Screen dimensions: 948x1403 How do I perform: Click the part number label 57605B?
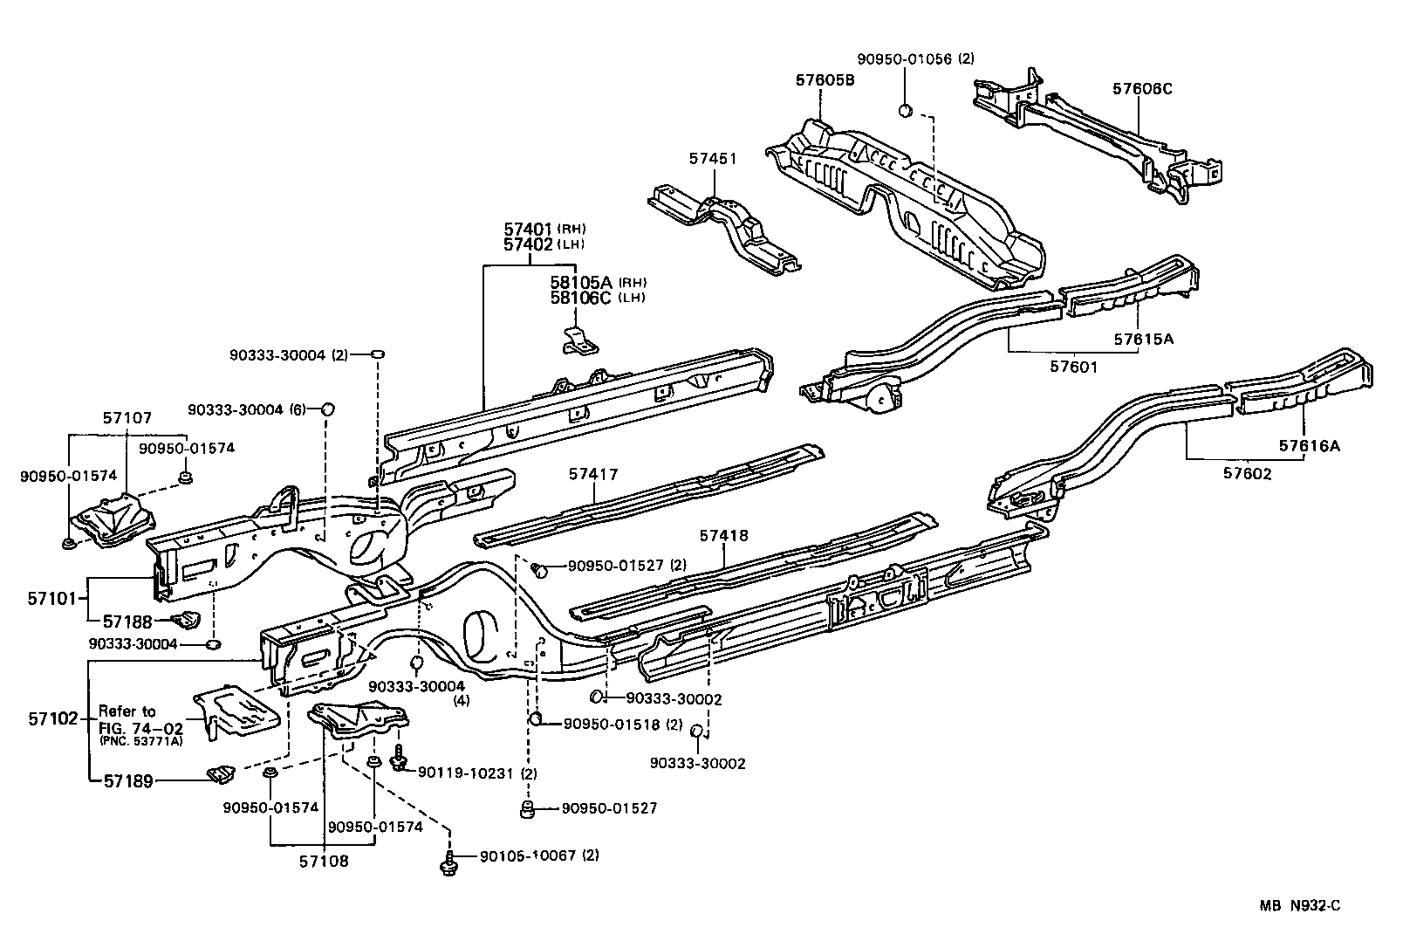point(825,80)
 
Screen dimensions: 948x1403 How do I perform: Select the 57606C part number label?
point(1142,88)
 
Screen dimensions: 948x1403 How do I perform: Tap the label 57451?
point(713,159)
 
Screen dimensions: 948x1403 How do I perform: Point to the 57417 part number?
point(593,474)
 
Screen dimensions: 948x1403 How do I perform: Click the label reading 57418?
point(723,535)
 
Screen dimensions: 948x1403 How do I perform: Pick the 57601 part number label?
point(1073,367)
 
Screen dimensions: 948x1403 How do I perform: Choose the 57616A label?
point(1310,446)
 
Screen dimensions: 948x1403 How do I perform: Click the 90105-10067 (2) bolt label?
point(539,855)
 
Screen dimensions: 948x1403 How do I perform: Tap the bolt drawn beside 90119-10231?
point(400,761)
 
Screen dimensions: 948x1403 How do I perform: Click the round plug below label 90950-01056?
point(907,110)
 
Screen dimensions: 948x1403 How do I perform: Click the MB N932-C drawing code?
point(1299,906)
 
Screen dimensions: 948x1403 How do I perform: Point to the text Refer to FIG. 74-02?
point(140,718)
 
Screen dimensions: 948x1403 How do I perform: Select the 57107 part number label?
point(127,419)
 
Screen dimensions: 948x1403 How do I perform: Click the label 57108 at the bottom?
point(324,861)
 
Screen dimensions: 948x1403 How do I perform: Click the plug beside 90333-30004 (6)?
point(328,409)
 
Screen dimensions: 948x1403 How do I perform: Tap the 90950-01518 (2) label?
point(623,724)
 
